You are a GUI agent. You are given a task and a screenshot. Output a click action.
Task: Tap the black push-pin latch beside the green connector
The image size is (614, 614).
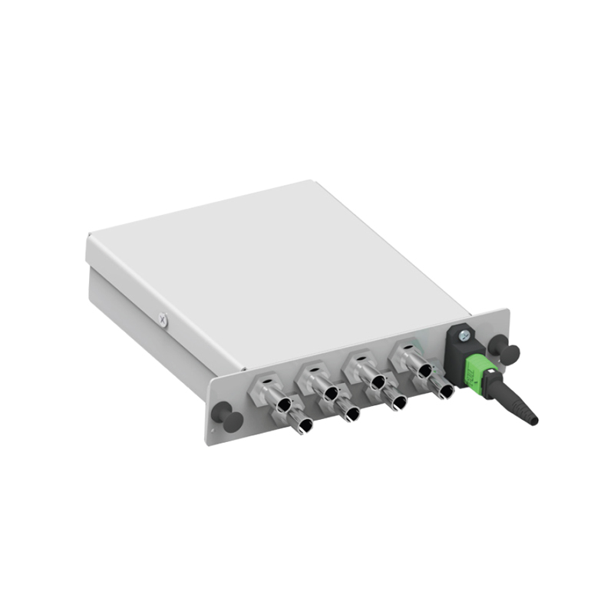[507, 351]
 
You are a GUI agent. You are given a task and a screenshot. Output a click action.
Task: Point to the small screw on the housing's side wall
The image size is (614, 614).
[163, 319]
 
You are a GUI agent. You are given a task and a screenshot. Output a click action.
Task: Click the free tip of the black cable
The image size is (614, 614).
[533, 420]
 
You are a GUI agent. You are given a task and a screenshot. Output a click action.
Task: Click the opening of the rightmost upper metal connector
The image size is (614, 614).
[424, 370]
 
